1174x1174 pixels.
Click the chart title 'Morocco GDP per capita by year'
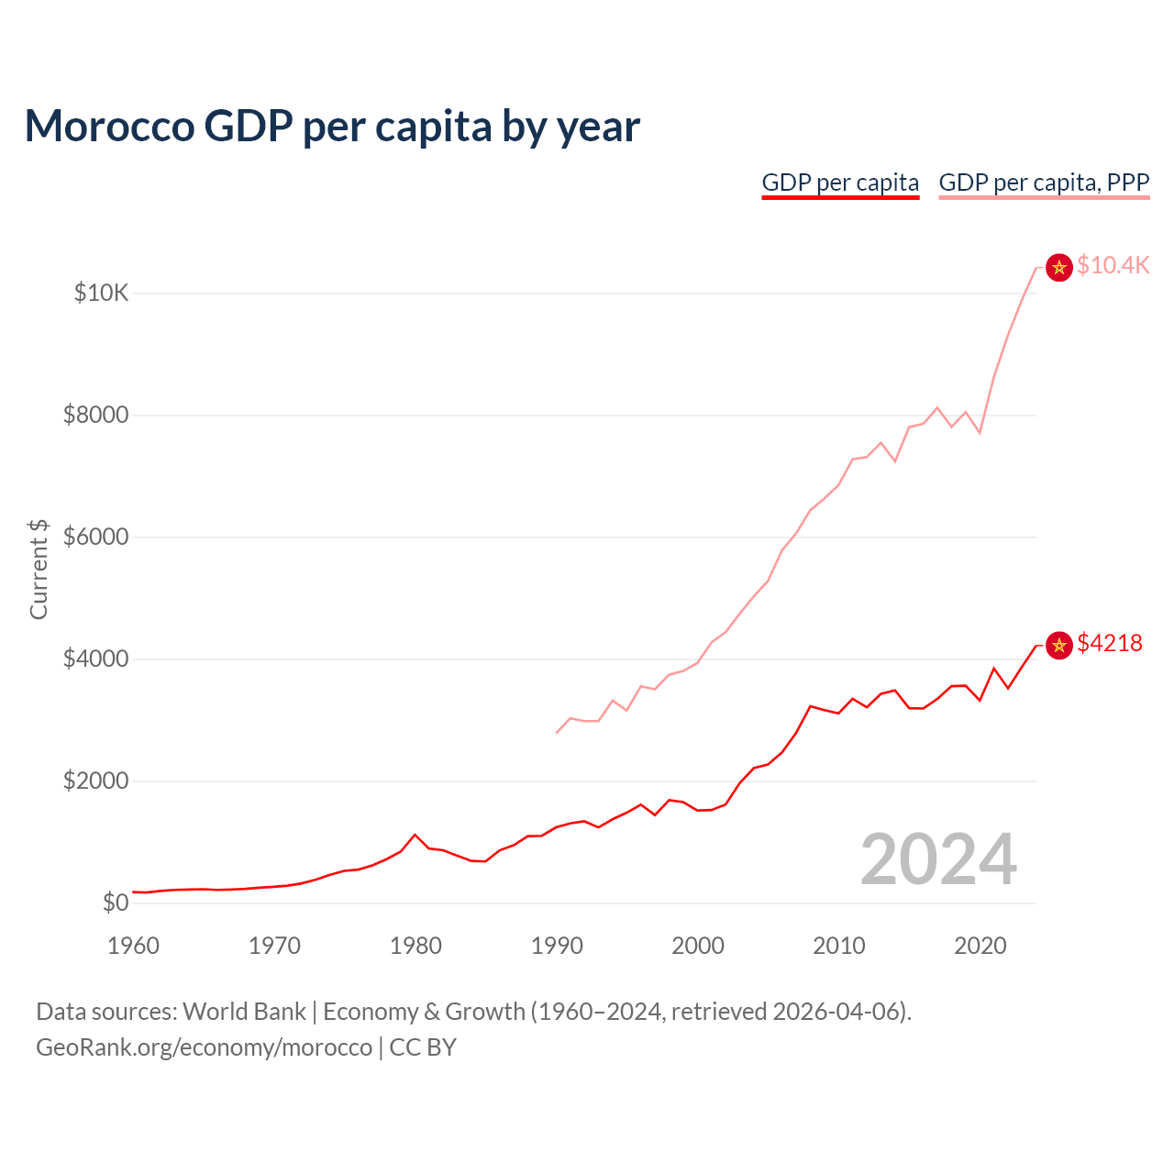click(x=332, y=126)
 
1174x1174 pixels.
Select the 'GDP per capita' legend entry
click(x=840, y=183)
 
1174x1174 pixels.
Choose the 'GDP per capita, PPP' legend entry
click(x=1044, y=183)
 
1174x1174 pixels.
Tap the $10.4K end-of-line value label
click(x=1113, y=265)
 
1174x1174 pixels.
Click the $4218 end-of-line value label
click(x=1110, y=643)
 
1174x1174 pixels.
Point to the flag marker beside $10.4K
click(x=1059, y=267)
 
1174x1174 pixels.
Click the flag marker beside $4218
click(x=1059, y=646)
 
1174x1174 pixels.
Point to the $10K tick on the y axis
click(x=101, y=293)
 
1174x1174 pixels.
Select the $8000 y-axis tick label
click(x=95, y=415)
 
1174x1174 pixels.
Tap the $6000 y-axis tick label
click(x=95, y=537)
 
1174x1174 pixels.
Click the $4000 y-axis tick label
click(x=95, y=659)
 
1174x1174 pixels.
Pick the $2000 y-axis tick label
click(x=95, y=781)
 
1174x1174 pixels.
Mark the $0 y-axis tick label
click(x=115, y=903)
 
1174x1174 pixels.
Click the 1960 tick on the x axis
click(x=134, y=946)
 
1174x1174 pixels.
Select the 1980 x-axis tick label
click(x=415, y=946)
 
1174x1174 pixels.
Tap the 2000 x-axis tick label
click(x=698, y=946)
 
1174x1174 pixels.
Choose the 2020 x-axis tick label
click(x=980, y=946)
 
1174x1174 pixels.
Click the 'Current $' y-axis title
click(x=39, y=569)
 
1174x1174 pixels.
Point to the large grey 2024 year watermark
click(x=938, y=859)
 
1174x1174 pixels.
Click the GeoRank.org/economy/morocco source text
click(x=204, y=1047)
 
